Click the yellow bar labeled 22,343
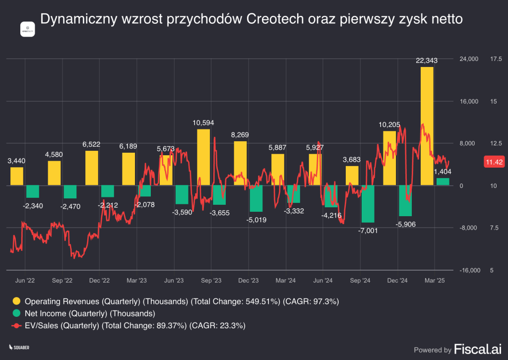(427, 126)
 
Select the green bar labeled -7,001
(368, 204)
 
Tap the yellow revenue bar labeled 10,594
(203, 157)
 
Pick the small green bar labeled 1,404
(443, 182)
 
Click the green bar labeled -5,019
(256, 198)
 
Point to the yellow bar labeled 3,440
(17, 177)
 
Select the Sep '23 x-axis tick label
(211, 281)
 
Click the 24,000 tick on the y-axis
(469, 59)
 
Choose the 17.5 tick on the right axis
(496, 59)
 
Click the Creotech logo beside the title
(27, 29)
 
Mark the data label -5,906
(406, 224)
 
